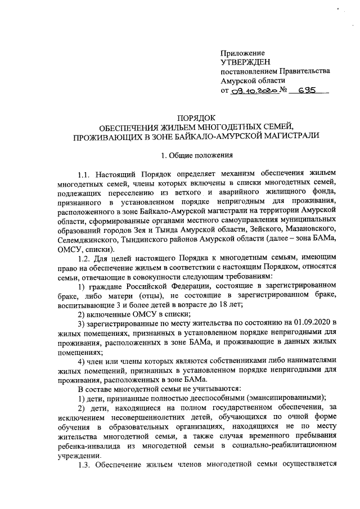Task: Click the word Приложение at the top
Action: (243, 52)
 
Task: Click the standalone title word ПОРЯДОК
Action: (197, 117)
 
